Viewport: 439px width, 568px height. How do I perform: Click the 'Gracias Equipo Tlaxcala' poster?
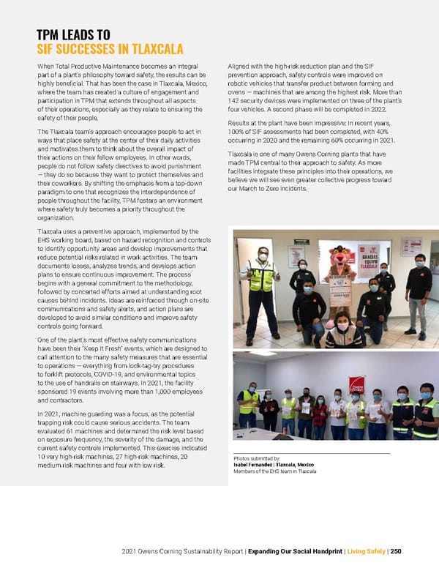click(367, 260)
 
